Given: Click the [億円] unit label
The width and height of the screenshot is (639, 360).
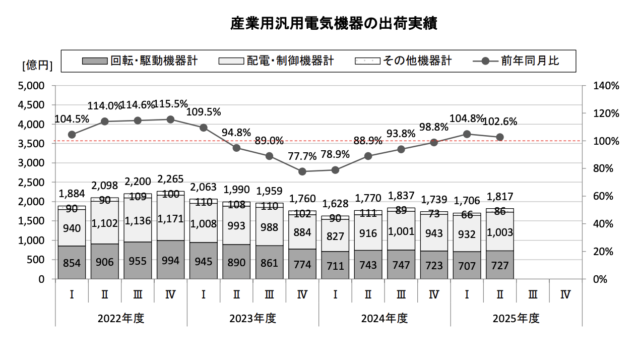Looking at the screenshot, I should tap(37, 65).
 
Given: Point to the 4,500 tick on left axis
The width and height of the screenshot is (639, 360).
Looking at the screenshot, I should tap(31, 105).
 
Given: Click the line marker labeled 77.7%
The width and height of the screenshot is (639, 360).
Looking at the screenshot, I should tap(302, 171).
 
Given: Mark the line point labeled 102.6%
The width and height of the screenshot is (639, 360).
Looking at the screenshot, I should tap(500, 137).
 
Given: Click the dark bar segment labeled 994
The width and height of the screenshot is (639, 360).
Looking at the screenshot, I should tap(170, 260).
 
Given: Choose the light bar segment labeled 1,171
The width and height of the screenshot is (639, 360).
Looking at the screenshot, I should tap(170, 218).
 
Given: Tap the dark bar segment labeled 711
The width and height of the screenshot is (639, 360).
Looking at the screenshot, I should tap(335, 265).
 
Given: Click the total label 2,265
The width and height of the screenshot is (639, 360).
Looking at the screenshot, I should tap(170, 179).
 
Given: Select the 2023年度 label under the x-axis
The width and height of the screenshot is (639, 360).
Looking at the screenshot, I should tap(253, 319).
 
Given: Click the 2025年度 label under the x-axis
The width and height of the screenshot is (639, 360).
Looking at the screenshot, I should tap(516, 319).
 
